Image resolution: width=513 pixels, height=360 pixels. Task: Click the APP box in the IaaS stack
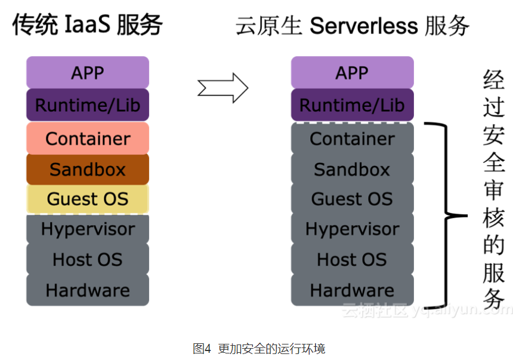88,73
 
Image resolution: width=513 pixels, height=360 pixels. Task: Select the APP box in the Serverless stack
352,73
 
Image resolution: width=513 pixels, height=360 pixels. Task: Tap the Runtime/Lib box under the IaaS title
88,105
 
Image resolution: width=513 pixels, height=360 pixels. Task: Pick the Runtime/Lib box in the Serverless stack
352,105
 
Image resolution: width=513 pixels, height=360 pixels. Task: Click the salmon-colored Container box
88,139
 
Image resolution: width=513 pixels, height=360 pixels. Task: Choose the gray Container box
352,139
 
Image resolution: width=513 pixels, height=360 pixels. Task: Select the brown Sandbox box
88,169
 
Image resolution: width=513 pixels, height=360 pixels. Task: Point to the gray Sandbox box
352,169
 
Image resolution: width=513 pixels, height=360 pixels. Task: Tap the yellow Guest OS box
88,199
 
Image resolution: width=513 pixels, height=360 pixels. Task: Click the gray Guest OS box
352,199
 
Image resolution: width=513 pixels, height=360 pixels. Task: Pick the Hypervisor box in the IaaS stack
88,229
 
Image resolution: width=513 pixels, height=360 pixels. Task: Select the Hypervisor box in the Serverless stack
352,229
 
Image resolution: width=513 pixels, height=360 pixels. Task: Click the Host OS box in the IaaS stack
88,260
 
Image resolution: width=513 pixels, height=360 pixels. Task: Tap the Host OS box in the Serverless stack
352,260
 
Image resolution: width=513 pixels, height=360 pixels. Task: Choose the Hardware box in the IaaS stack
88,290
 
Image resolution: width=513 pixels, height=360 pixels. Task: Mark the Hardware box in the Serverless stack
352,290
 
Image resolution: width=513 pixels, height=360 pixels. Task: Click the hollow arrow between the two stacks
222,88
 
